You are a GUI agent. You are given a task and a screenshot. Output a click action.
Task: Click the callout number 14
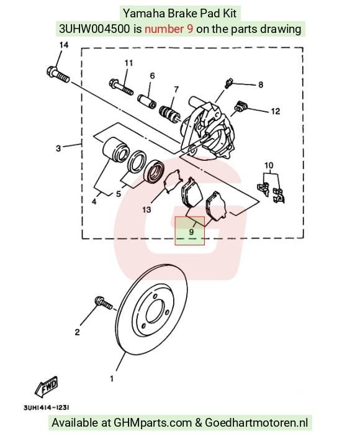tap(64, 45)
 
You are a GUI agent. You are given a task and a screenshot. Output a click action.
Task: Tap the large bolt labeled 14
tap(58, 75)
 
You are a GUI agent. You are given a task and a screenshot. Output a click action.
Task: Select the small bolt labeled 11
tap(121, 87)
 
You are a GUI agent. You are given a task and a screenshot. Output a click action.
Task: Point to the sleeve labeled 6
tap(146, 102)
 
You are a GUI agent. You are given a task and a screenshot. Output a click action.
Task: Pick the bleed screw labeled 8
tap(229, 83)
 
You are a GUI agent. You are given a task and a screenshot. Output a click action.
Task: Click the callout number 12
tap(275, 111)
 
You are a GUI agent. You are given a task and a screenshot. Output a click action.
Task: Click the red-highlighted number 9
tap(191, 231)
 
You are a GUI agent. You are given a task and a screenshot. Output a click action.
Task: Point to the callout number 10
tap(269, 166)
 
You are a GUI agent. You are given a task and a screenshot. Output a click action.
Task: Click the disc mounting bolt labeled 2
tap(103, 303)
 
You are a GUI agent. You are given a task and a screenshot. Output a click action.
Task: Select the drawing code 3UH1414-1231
tap(46, 407)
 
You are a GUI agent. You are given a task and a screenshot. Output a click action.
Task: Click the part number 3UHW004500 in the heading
tap(94, 29)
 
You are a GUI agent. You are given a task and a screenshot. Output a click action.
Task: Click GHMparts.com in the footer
tap(153, 423)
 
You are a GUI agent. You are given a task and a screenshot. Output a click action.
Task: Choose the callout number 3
tap(58, 148)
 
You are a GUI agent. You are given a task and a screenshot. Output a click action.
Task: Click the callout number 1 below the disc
tap(112, 379)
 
